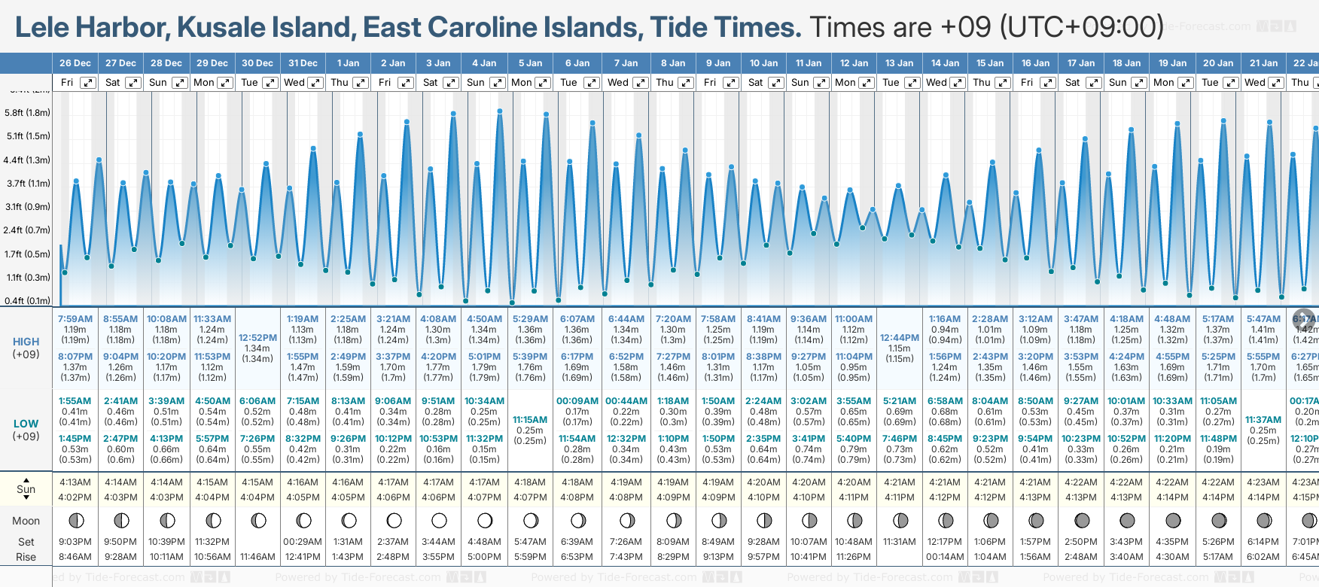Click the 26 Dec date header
coord(75,63)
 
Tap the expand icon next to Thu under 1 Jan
coord(361,83)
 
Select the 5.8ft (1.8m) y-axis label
coord(27,113)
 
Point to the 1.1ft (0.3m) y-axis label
coord(27,278)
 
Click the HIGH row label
coord(26,342)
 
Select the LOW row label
coord(26,424)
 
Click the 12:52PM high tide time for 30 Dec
coord(257,338)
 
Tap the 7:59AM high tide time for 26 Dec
coord(75,319)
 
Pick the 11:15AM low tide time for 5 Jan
coord(530,420)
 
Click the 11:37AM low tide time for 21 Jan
coord(1263,420)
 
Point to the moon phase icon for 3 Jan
coord(439,520)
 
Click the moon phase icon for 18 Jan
coord(1127,520)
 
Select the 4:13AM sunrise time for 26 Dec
coord(75,482)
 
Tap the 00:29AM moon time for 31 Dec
coord(303,542)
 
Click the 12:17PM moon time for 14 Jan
coord(945,542)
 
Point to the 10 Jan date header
coord(763,63)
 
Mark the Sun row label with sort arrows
coord(26,488)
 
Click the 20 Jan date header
coord(1218,63)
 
